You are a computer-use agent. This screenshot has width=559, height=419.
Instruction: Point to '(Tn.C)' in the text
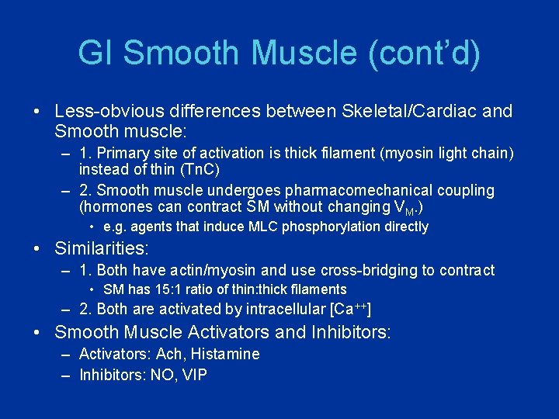(x=202, y=169)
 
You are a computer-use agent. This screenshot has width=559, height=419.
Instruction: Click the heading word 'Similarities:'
(x=101, y=249)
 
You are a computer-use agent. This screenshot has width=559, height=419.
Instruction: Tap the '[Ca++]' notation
(x=350, y=309)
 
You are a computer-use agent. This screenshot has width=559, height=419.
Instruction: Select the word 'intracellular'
(x=285, y=309)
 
